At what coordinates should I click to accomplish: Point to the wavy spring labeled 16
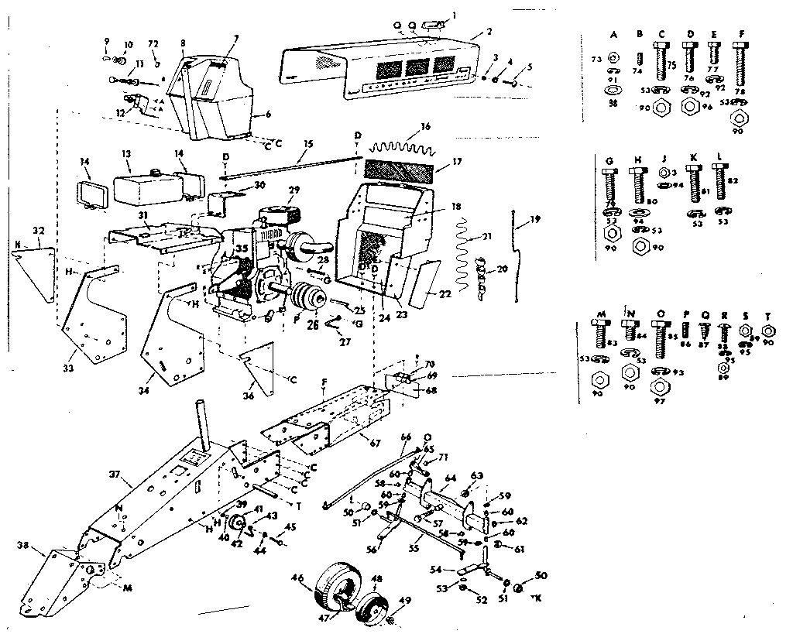point(402,144)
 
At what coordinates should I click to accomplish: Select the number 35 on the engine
point(242,249)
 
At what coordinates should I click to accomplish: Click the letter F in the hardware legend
point(743,34)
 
